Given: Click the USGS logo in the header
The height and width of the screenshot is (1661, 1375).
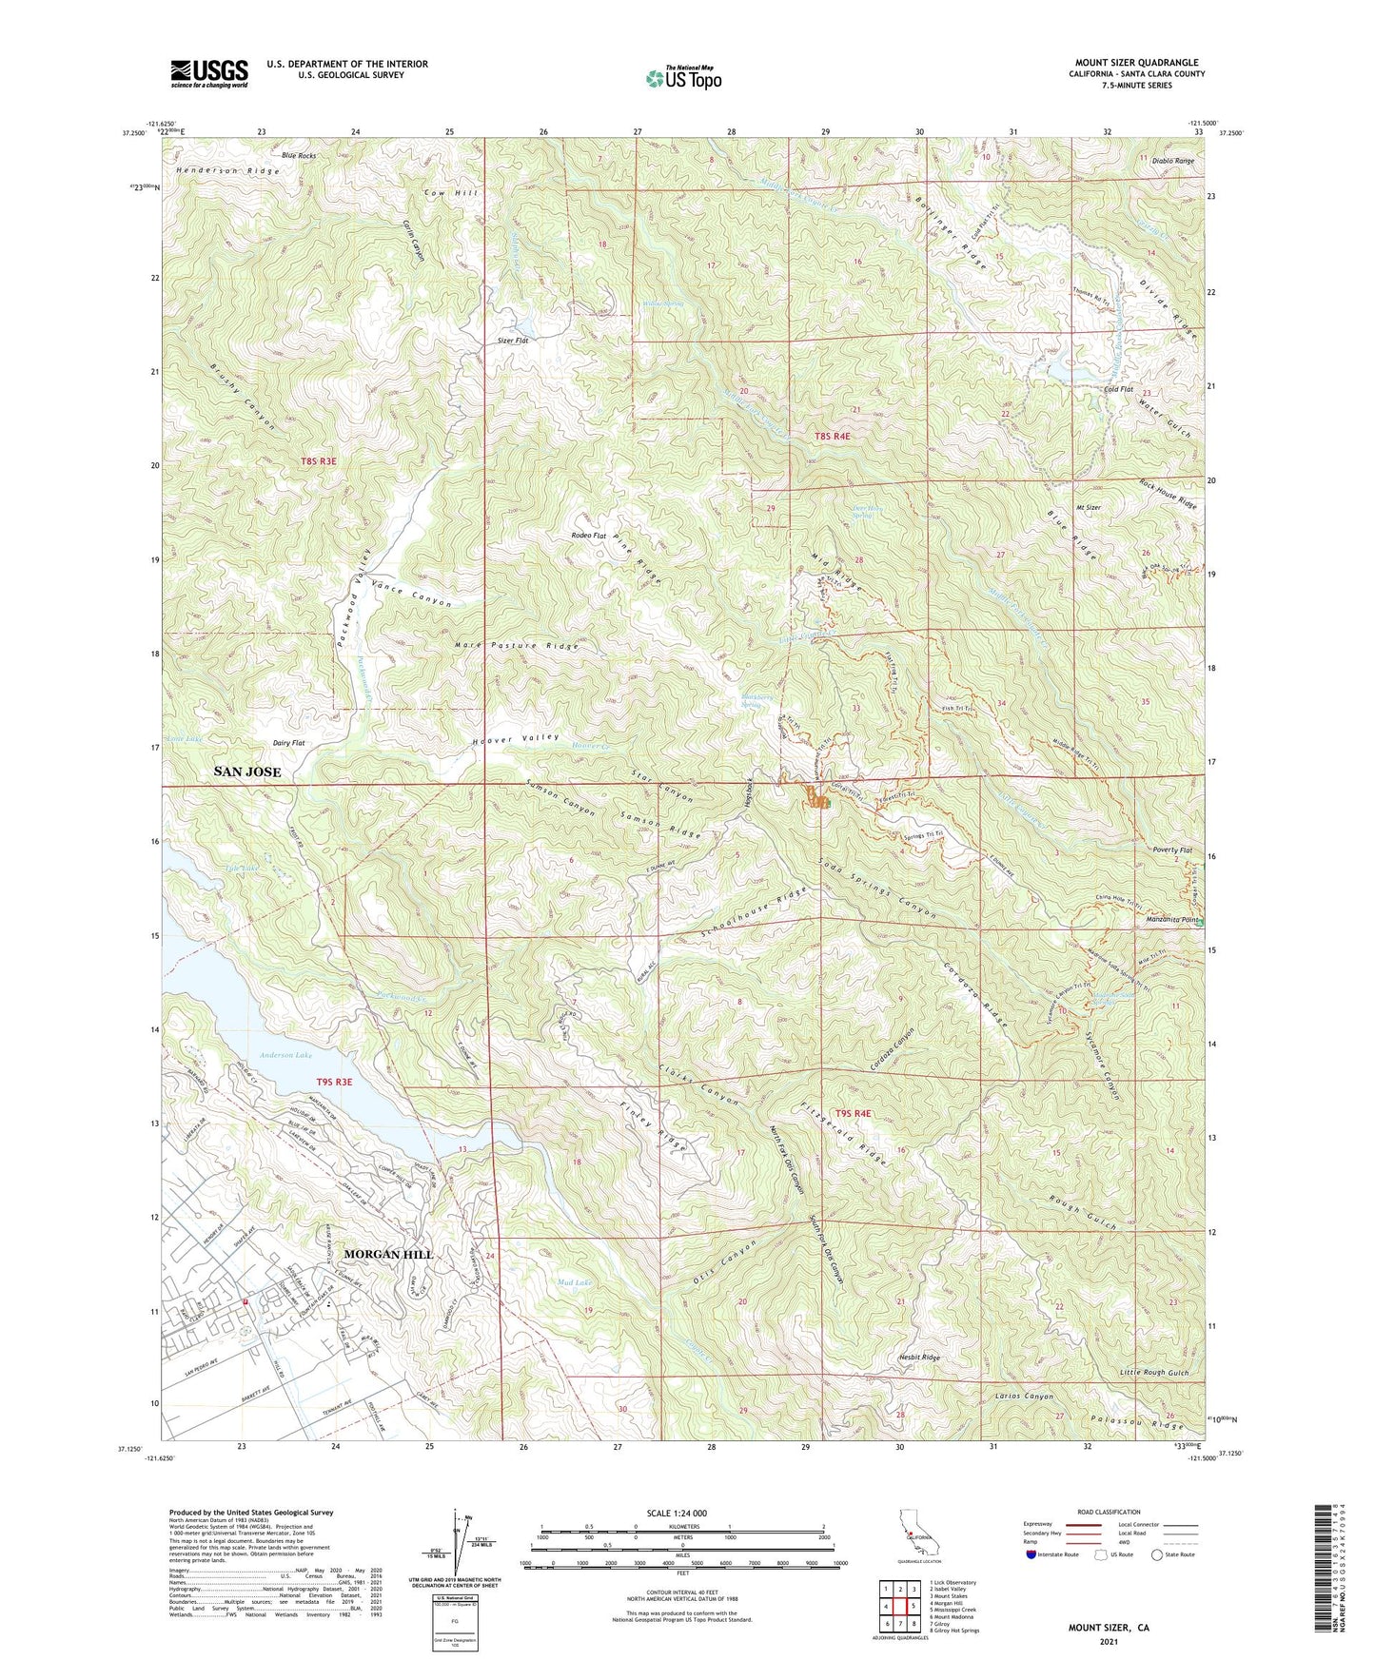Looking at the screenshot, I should [208, 73].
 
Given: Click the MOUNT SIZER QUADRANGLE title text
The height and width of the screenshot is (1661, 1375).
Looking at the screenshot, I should [1136, 63].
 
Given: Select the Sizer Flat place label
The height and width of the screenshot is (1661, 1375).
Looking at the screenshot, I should [513, 340].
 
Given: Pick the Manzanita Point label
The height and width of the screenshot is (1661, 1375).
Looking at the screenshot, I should [1169, 922].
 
